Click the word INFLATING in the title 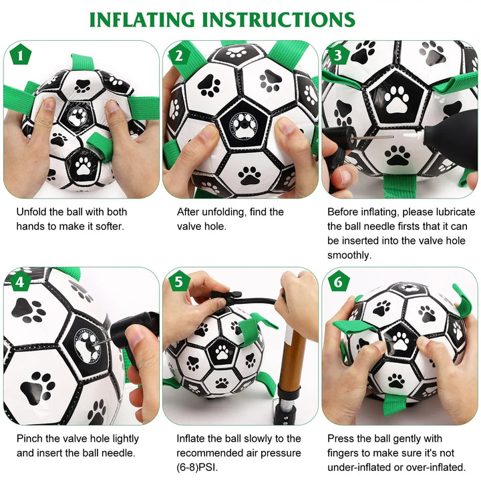(142, 20)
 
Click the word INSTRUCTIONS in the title (279, 20)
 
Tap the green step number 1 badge (21, 55)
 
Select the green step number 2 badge (179, 55)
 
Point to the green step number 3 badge (338, 55)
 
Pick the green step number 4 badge (21, 281)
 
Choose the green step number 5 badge (179, 281)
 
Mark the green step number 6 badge (338, 281)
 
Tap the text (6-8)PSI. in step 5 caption (197, 468)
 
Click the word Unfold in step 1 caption (31, 212)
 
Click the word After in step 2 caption (188, 212)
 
